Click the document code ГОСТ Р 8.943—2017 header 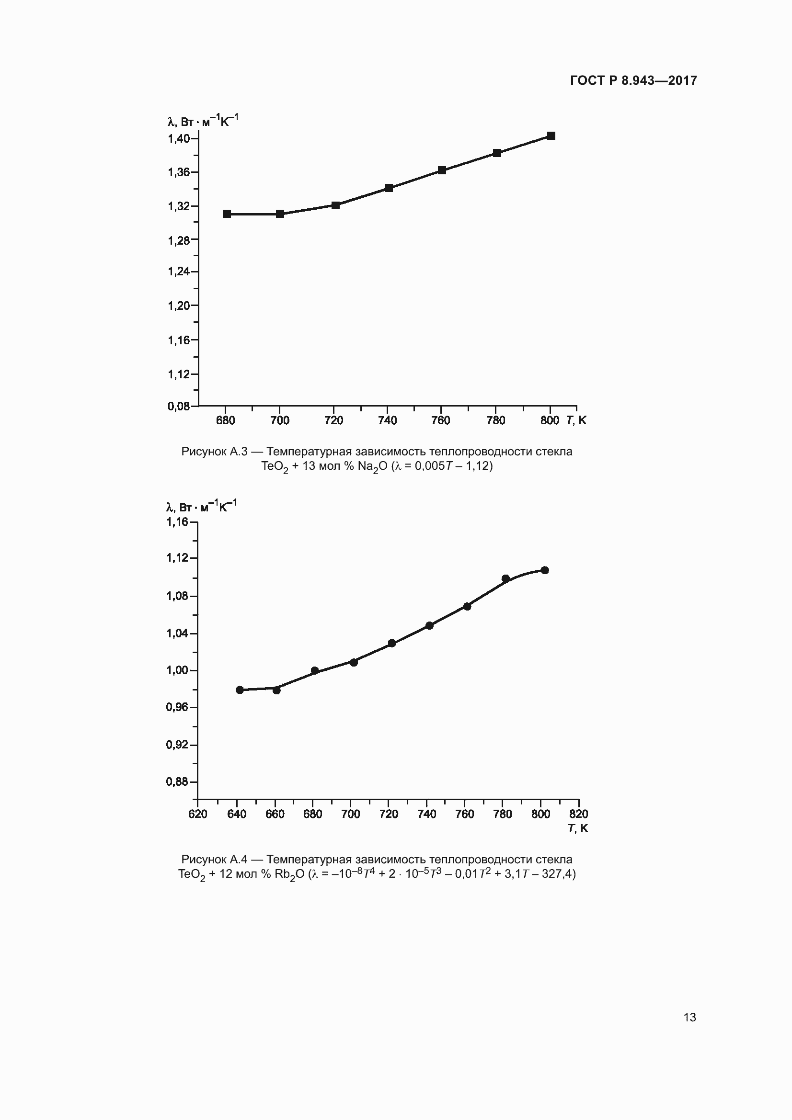click(x=633, y=80)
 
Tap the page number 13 click(x=689, y=1017)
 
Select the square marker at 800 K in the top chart click(x=551, y=136)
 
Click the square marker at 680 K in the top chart click(x=227, y=214)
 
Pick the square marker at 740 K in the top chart click(x=389, y=188)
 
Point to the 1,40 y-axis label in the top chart click(x=179, y=138)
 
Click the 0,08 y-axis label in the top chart click(x=179, y=406)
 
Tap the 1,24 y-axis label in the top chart click(x=179, y=271)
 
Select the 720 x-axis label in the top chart click(x=333, y=420)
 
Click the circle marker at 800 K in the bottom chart click(x=545, y=570)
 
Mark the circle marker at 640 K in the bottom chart click(x=240, y=690)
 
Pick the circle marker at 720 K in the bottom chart click(x=391, y=643)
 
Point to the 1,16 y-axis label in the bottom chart click(x=177, y=522)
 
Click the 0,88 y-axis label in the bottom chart click(x=177, y=782)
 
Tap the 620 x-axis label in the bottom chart click(x=197, y=814)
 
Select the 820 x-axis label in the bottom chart click(x=579, y=814)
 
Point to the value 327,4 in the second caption click(x=556, y=874)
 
